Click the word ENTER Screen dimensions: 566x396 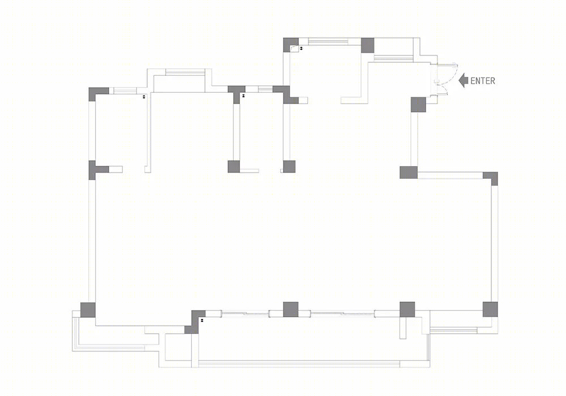pos(483,81)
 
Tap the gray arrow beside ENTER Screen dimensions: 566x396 pos(463,80)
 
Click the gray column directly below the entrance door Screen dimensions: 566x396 pos(418,105)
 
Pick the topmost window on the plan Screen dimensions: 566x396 pos(328,41)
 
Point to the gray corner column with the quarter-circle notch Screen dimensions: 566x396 pos(290,45)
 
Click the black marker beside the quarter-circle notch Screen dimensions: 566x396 pos(301,48)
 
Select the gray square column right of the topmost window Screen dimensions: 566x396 pos(367,45)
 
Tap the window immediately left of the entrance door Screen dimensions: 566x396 pos(393,58)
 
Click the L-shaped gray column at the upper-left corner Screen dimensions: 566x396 pos(96,92)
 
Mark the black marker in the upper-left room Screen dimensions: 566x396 pos(144,97)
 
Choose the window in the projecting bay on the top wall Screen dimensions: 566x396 pos(185,72)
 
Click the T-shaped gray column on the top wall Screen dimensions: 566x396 pos(237,92)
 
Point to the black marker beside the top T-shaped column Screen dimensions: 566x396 pos(243,96)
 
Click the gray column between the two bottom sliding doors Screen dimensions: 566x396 pos(290,309)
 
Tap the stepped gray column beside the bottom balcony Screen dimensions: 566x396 pos(195,322)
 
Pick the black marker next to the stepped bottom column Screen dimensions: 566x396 pos(203,320)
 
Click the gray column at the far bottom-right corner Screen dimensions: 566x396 pos(490,309)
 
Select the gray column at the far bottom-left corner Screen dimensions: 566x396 pos(88,310)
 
